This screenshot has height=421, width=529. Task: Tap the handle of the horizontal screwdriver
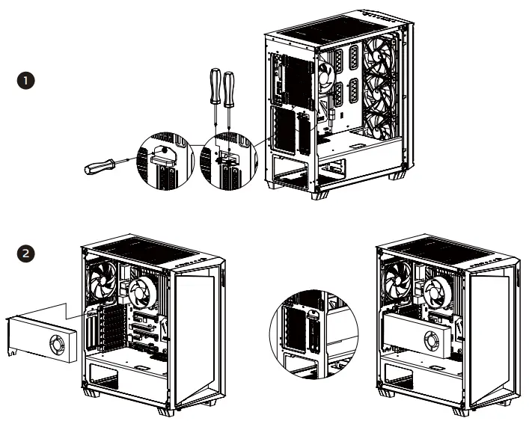(98, 167)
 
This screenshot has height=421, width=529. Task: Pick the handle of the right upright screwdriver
(227, 87)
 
